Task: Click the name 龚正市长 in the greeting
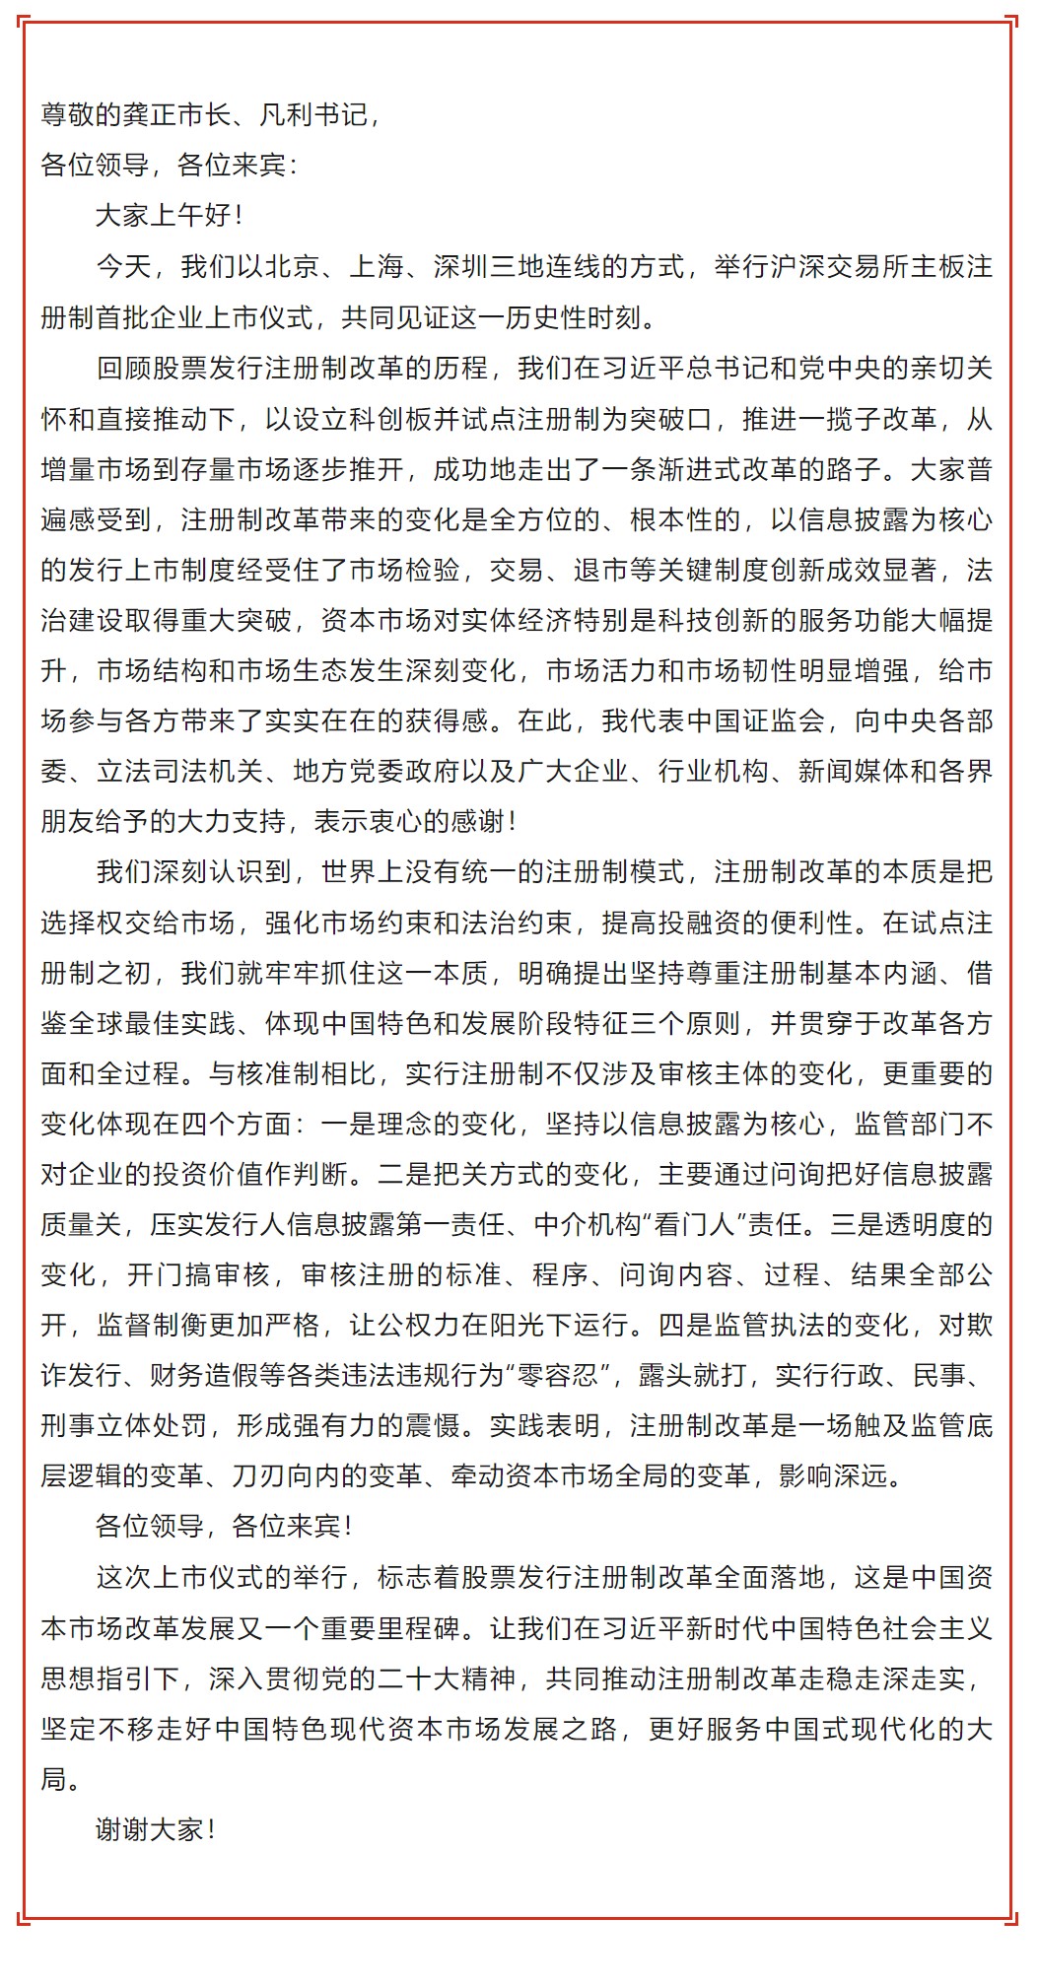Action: tap(177, 114)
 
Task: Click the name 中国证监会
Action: tap(769, 720)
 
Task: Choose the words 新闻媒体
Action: tap(853, 771)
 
